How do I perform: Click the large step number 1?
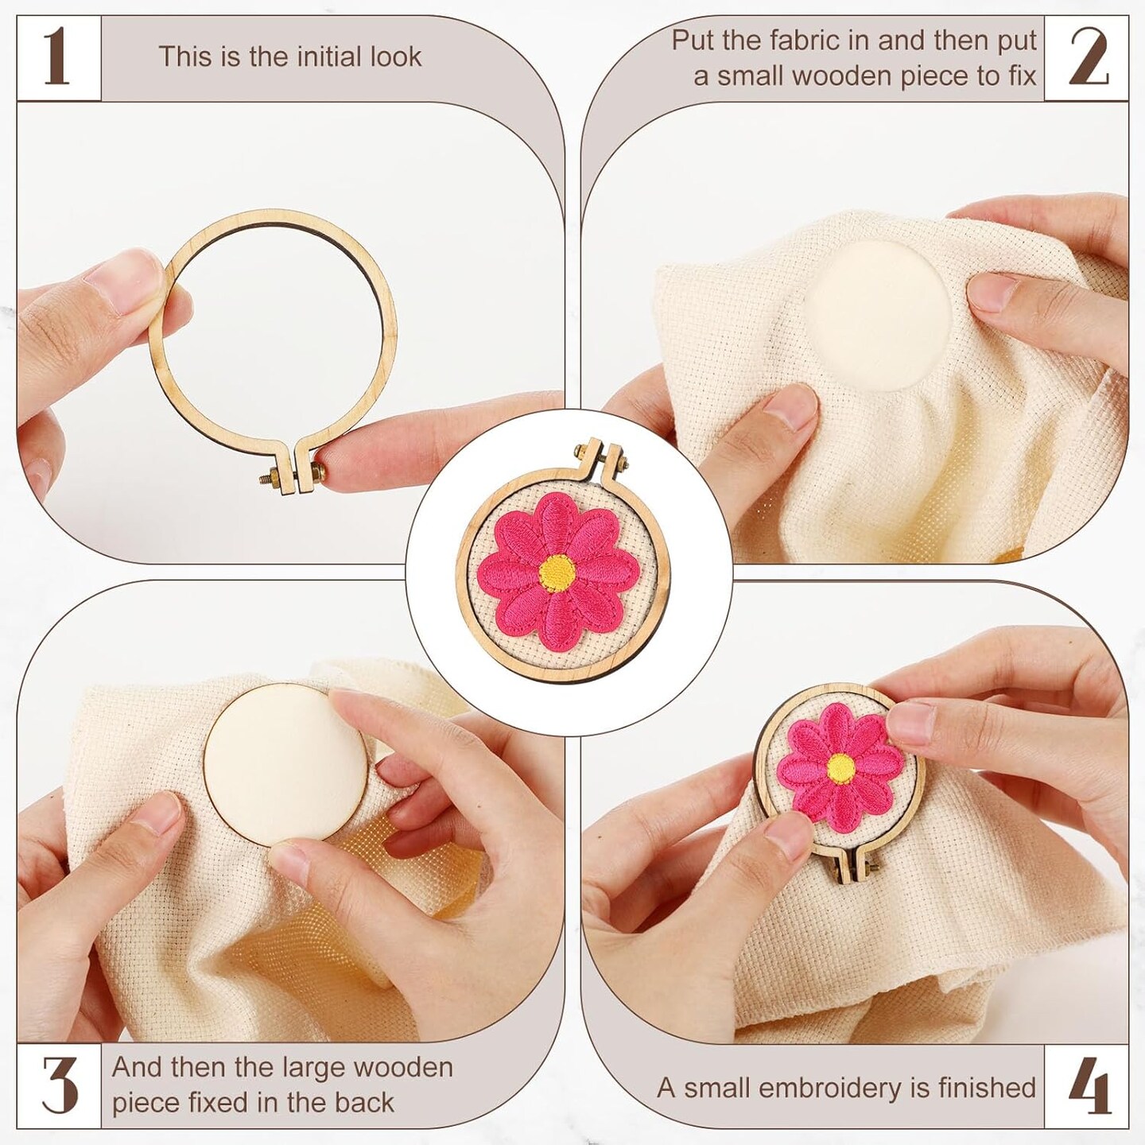point(57,58)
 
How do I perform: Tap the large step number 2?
point(1089,57)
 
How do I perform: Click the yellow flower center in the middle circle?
point(557,572)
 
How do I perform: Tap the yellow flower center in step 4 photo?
point(841,767)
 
